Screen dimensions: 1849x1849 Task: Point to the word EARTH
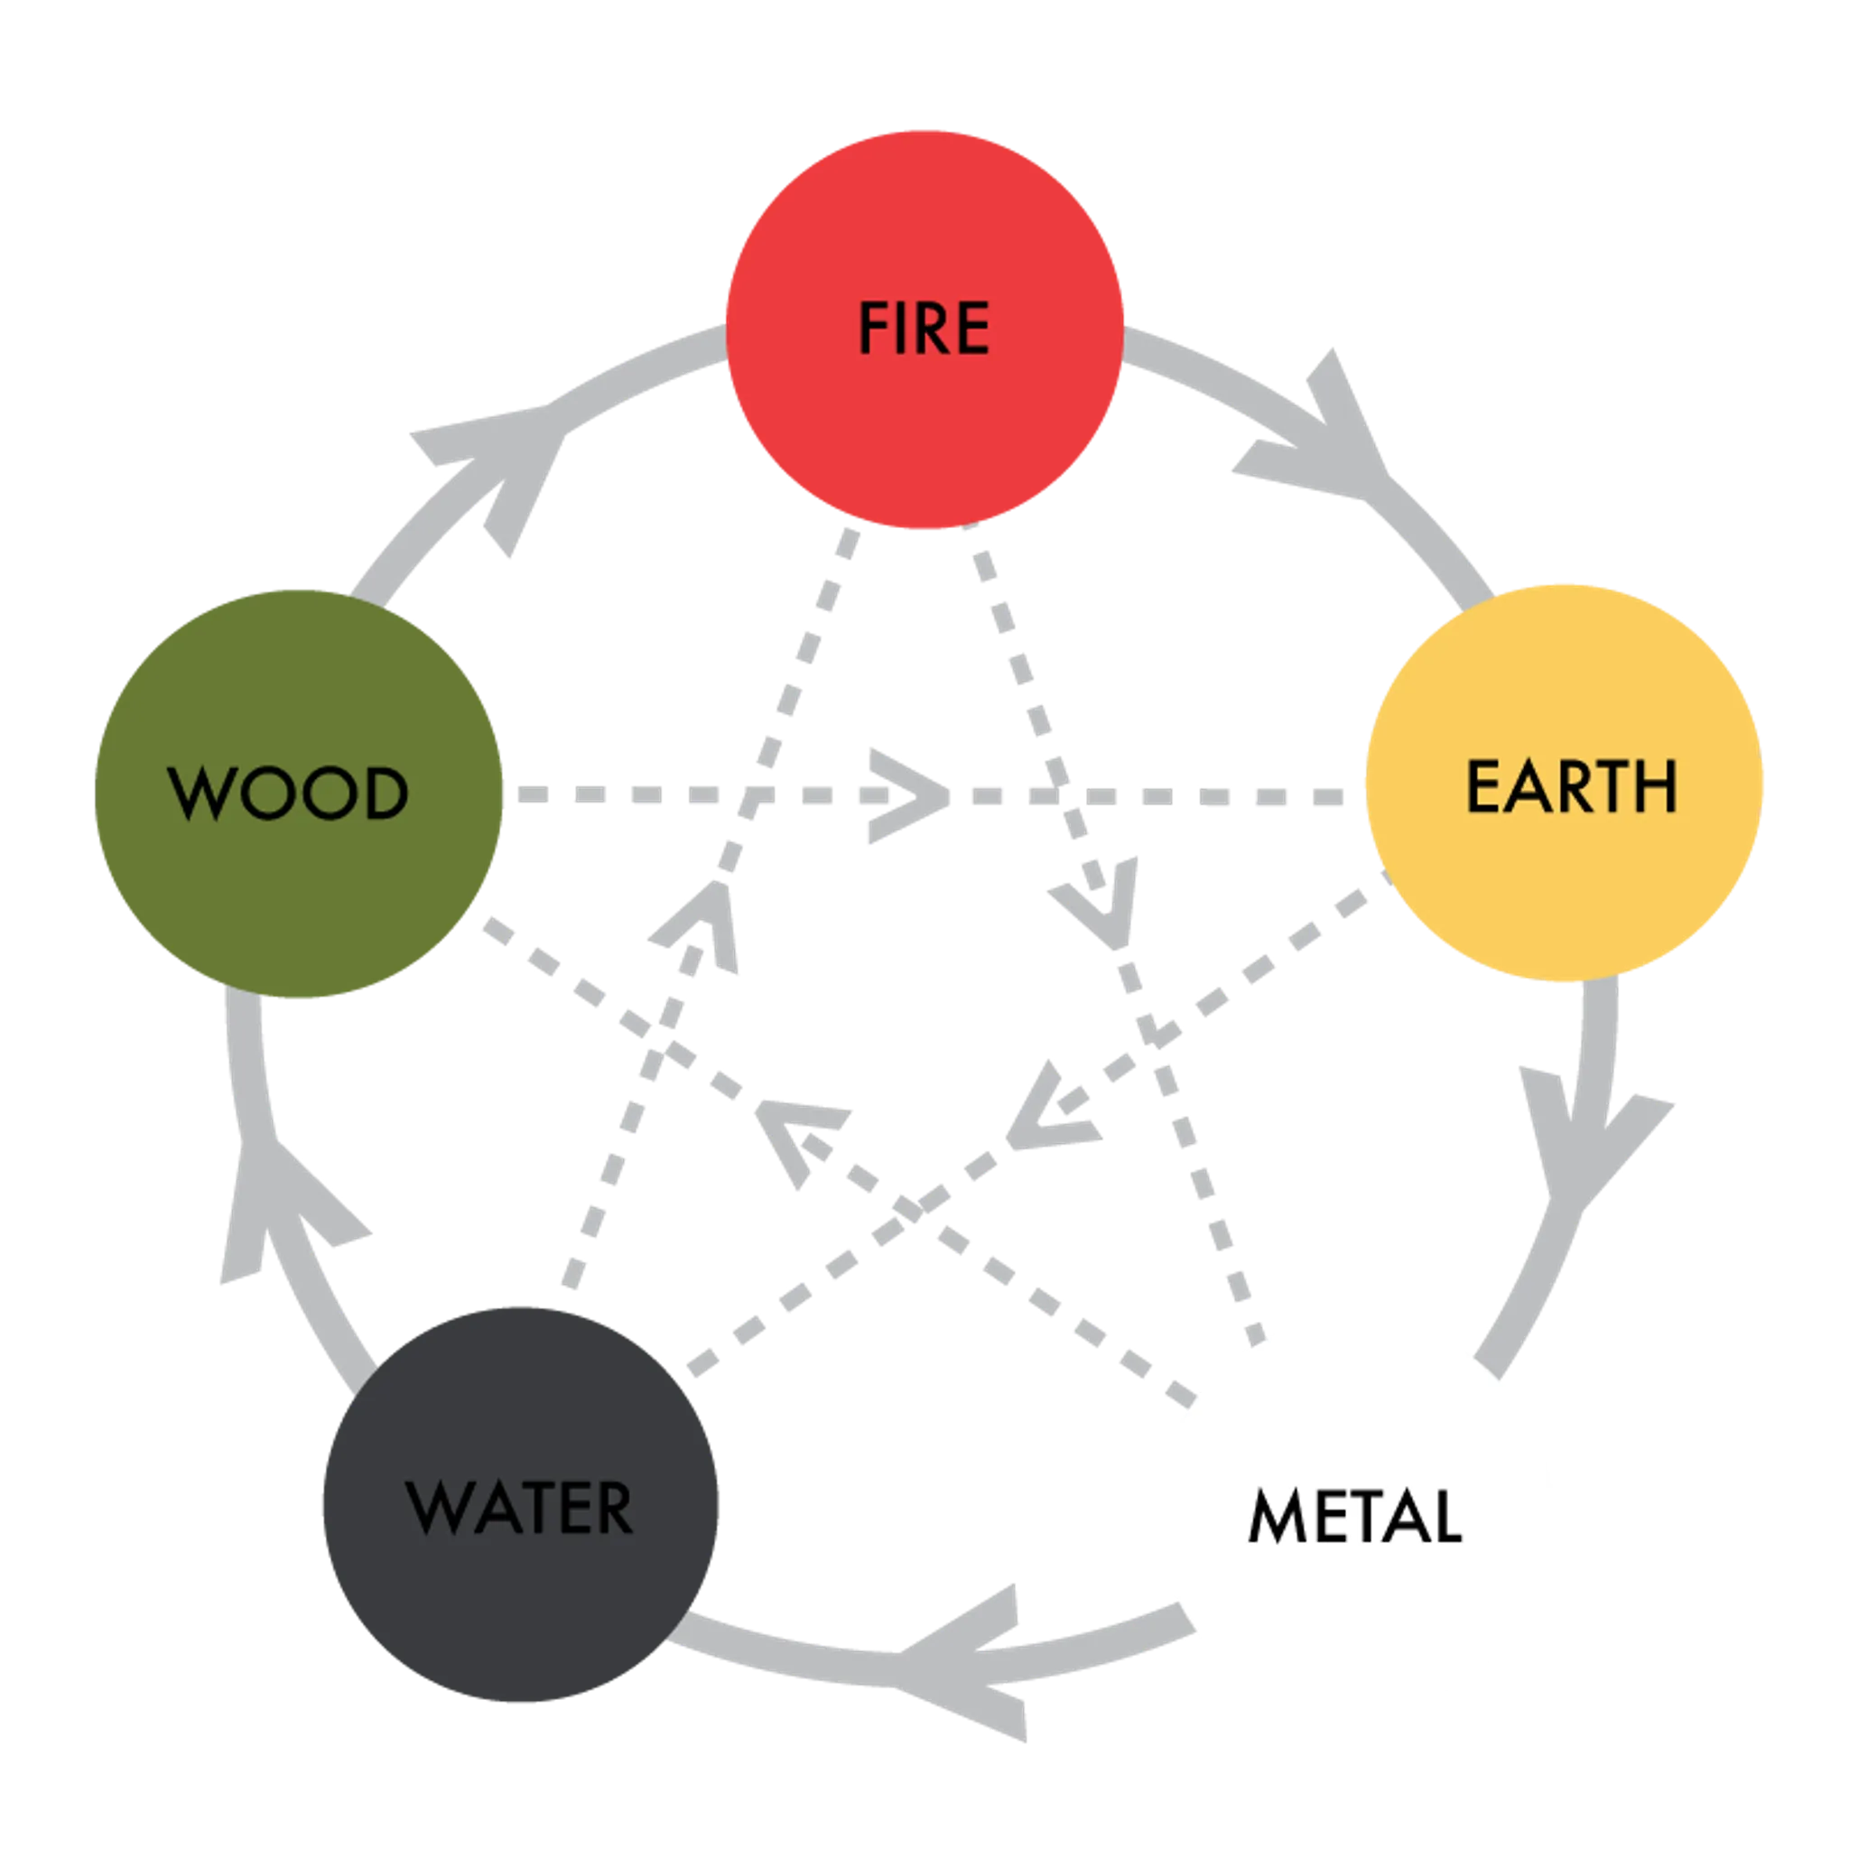(x=1571, y=786)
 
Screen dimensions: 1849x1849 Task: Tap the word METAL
(x=1354, y=1515)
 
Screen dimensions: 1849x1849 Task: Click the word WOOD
(x=288, y=794)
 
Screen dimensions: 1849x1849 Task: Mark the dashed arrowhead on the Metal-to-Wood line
(x=799, y=1134)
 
